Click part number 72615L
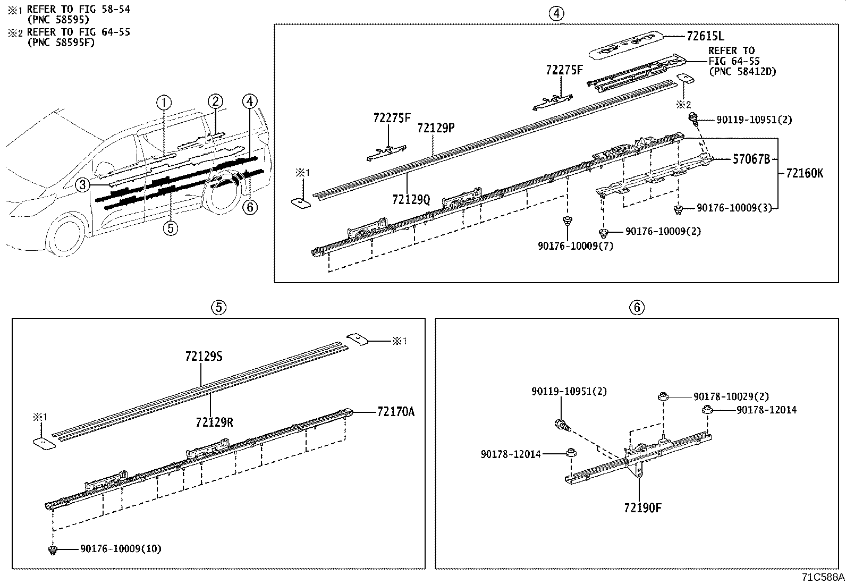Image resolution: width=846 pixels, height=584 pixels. coord(705,36)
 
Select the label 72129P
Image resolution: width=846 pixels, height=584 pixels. coord(436,128)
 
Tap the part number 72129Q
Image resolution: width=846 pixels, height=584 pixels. coord(411,199)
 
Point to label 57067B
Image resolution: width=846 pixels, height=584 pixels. coord(751,158)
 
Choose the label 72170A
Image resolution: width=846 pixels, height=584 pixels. coord(396,411)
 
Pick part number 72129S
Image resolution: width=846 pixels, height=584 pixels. coord(204,357)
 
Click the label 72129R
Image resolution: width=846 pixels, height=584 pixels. coord(214,422)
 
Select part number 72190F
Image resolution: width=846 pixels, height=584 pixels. coord(643,507)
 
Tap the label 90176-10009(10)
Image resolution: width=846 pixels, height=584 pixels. coord(121,548)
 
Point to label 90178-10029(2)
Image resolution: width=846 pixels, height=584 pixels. coord(731,396)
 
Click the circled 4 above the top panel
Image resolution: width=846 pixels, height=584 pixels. coord(556,14)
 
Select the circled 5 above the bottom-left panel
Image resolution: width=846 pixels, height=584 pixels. coord(218,307)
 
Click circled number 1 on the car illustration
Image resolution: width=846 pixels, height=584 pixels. coord(164,102)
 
